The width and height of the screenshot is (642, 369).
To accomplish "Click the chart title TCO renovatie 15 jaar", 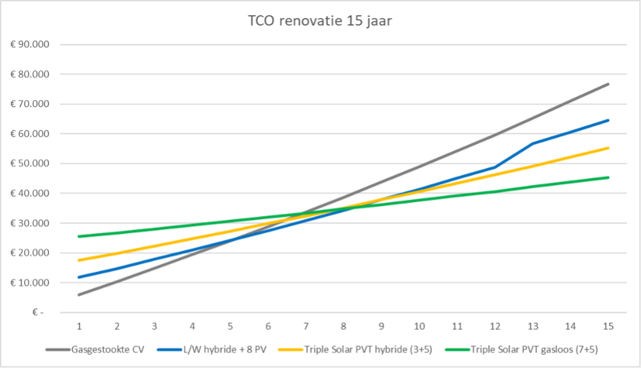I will point(320,21).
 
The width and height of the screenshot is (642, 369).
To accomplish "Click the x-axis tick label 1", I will point(79,326).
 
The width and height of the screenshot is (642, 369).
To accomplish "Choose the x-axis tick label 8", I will point(344,326).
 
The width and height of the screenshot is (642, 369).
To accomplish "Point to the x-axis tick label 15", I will point(608,326).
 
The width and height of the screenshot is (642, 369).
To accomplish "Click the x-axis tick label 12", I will point(495,326).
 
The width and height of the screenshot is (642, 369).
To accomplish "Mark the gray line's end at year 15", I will point(608,84).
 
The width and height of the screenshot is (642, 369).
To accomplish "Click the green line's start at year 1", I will point(79,236).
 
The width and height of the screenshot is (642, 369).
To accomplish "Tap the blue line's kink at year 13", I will point(532,144).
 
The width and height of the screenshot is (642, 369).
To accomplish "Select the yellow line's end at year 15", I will point(608,148).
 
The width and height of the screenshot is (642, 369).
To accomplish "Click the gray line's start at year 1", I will point(79,295).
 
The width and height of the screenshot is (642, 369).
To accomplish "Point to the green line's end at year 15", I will point(608,177).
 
